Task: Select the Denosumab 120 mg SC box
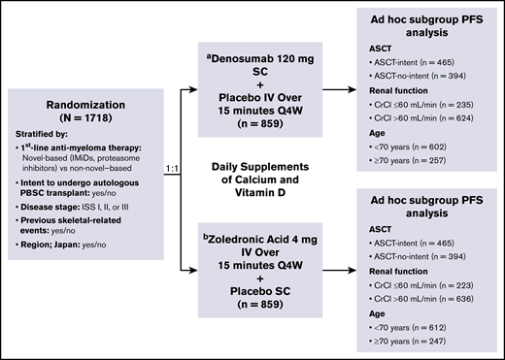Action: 260,84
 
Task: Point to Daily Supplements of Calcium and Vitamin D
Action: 260,178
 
